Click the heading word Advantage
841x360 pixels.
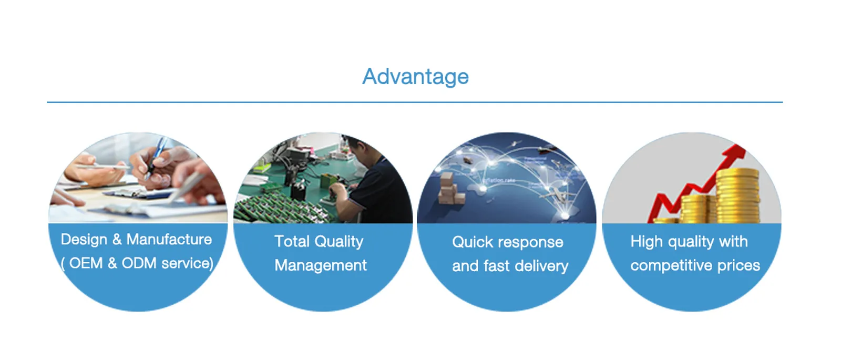415,77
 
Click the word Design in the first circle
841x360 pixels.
84,240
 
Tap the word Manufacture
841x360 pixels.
169,239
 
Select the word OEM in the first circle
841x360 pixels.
86,263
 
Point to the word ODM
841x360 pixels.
139,263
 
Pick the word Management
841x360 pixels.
321,266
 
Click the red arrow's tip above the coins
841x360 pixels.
740,147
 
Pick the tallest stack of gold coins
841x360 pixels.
737,196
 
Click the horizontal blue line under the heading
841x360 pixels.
415,102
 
